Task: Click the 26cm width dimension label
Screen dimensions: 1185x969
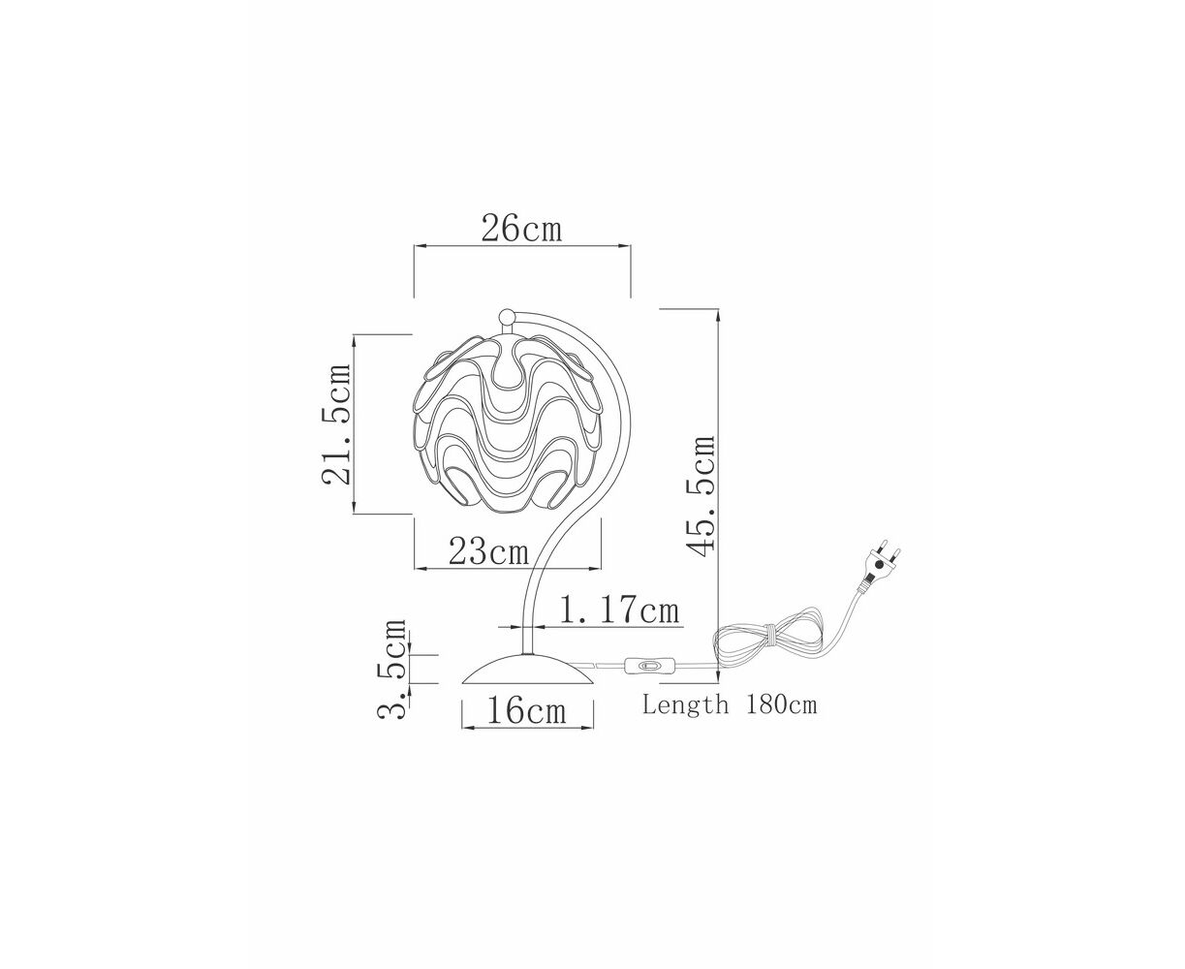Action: (x=521, y=228)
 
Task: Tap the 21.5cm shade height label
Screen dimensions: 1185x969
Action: (x=336, y=423)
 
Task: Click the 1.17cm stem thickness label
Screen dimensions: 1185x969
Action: (x=619, y=610)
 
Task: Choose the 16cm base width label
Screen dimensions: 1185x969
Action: (x=526, y=710)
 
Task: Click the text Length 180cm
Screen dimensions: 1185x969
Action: (x=730, y=704)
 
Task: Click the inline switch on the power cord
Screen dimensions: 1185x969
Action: (x=649, y=666)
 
